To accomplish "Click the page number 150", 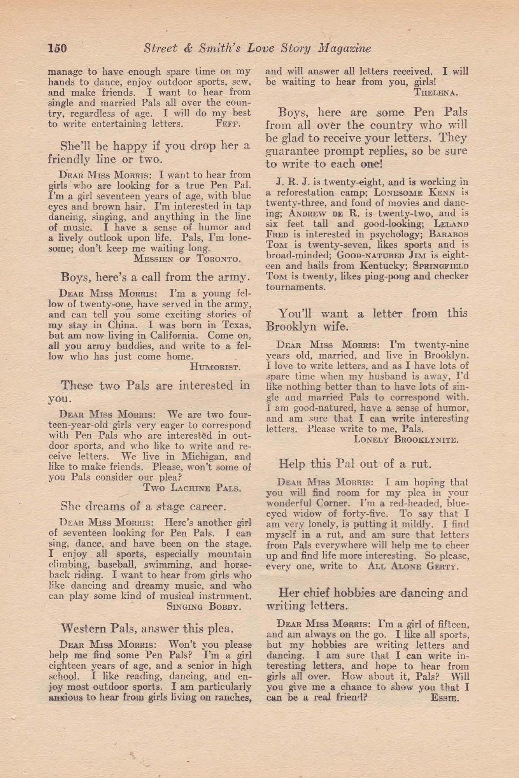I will (x=58, y=48).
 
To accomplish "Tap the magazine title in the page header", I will (x=257, y=48).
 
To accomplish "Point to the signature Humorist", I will (x=216, y=366).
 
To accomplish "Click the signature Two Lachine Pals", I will (x=193, y=488).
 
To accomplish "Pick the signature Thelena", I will (x=436, y=93).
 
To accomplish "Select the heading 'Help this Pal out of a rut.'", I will (x=354, y=464).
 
